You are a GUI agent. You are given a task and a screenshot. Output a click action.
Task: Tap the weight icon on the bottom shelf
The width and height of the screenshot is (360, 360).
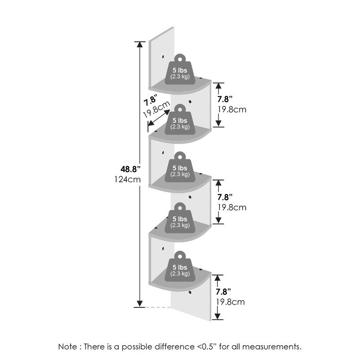point(180,266)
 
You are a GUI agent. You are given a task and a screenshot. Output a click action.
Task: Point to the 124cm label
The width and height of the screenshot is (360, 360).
point(128,180)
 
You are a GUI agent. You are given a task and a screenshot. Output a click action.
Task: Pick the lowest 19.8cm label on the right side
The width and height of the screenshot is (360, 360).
point(231,301)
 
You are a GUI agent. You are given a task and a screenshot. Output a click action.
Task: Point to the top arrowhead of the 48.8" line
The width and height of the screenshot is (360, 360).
point(139,45)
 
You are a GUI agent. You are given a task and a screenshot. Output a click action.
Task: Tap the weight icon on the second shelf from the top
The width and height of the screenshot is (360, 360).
point(180,120)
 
